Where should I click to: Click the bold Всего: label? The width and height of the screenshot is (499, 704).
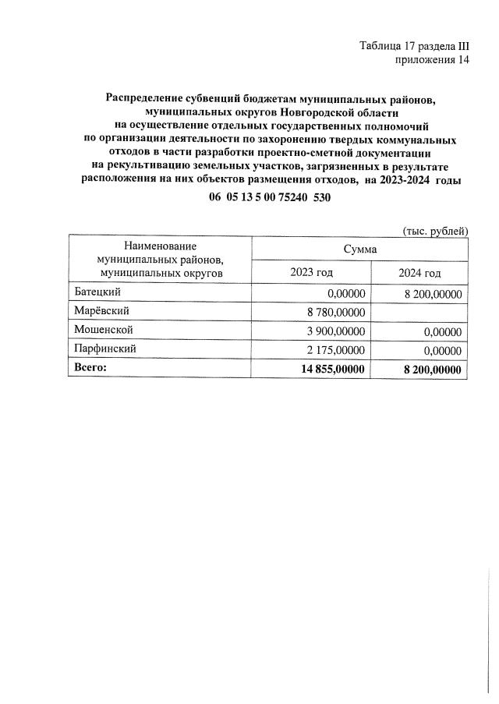coord(89,367)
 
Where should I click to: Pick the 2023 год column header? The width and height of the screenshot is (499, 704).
coord(311,272)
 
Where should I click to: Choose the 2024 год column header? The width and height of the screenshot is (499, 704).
coord(419,272)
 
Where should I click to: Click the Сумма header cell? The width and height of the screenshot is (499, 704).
coord(359,249)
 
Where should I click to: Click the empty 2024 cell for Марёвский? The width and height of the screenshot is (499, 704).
coord(419,312)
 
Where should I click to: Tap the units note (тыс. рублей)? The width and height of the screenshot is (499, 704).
coord(434,230)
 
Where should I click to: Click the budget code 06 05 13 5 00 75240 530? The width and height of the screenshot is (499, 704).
coord(270,198)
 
